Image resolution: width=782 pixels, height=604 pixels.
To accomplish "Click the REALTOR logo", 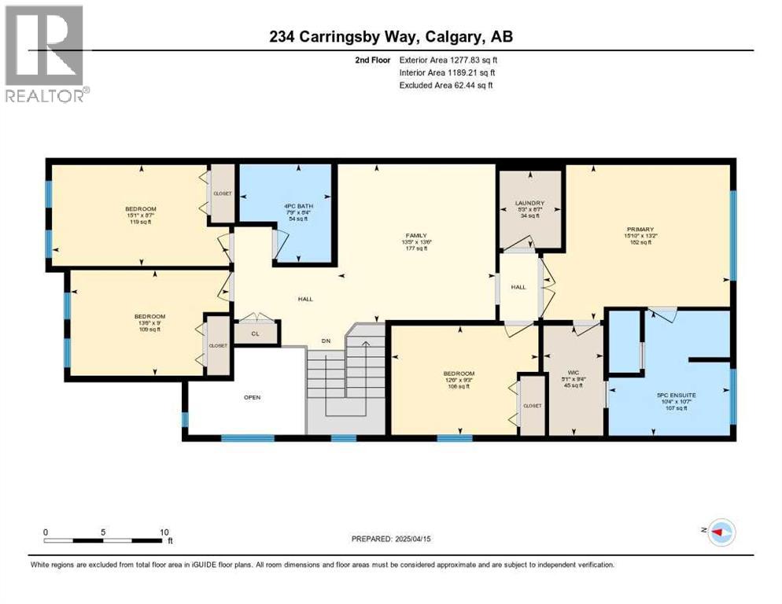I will point(45,53).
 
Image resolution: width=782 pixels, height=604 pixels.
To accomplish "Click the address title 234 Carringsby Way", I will point(390,36).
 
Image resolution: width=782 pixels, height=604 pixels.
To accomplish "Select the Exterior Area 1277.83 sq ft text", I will point(449,60).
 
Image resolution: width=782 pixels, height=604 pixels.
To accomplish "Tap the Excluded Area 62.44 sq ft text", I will point(446,85).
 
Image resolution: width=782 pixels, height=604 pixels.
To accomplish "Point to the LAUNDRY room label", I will point(529,203).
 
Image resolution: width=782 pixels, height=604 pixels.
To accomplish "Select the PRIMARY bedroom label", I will point(641,229).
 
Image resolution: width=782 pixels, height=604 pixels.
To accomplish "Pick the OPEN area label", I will point(252,397).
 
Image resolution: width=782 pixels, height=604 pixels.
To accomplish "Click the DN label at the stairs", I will point(326,341).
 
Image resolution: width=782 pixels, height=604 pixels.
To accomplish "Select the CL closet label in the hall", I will point(256,333).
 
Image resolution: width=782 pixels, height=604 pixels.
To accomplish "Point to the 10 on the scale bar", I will point(164,532).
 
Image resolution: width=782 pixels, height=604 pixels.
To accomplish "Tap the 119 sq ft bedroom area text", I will point(140,223).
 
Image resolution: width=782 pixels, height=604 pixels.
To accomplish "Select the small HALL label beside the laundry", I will point(518,287).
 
